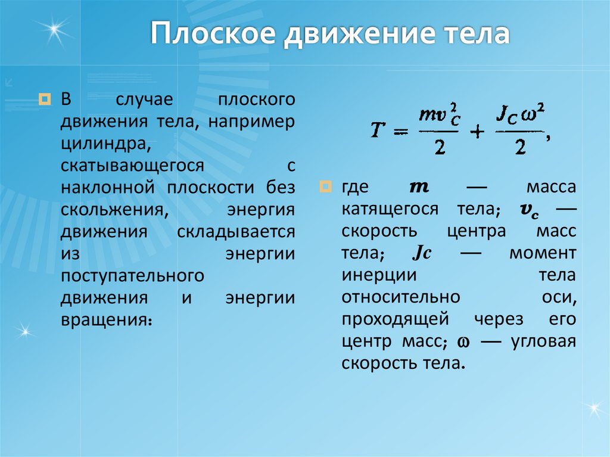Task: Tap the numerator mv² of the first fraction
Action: (440, 113)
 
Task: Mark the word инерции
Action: (378, 275)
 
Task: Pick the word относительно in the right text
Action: (401, 297)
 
